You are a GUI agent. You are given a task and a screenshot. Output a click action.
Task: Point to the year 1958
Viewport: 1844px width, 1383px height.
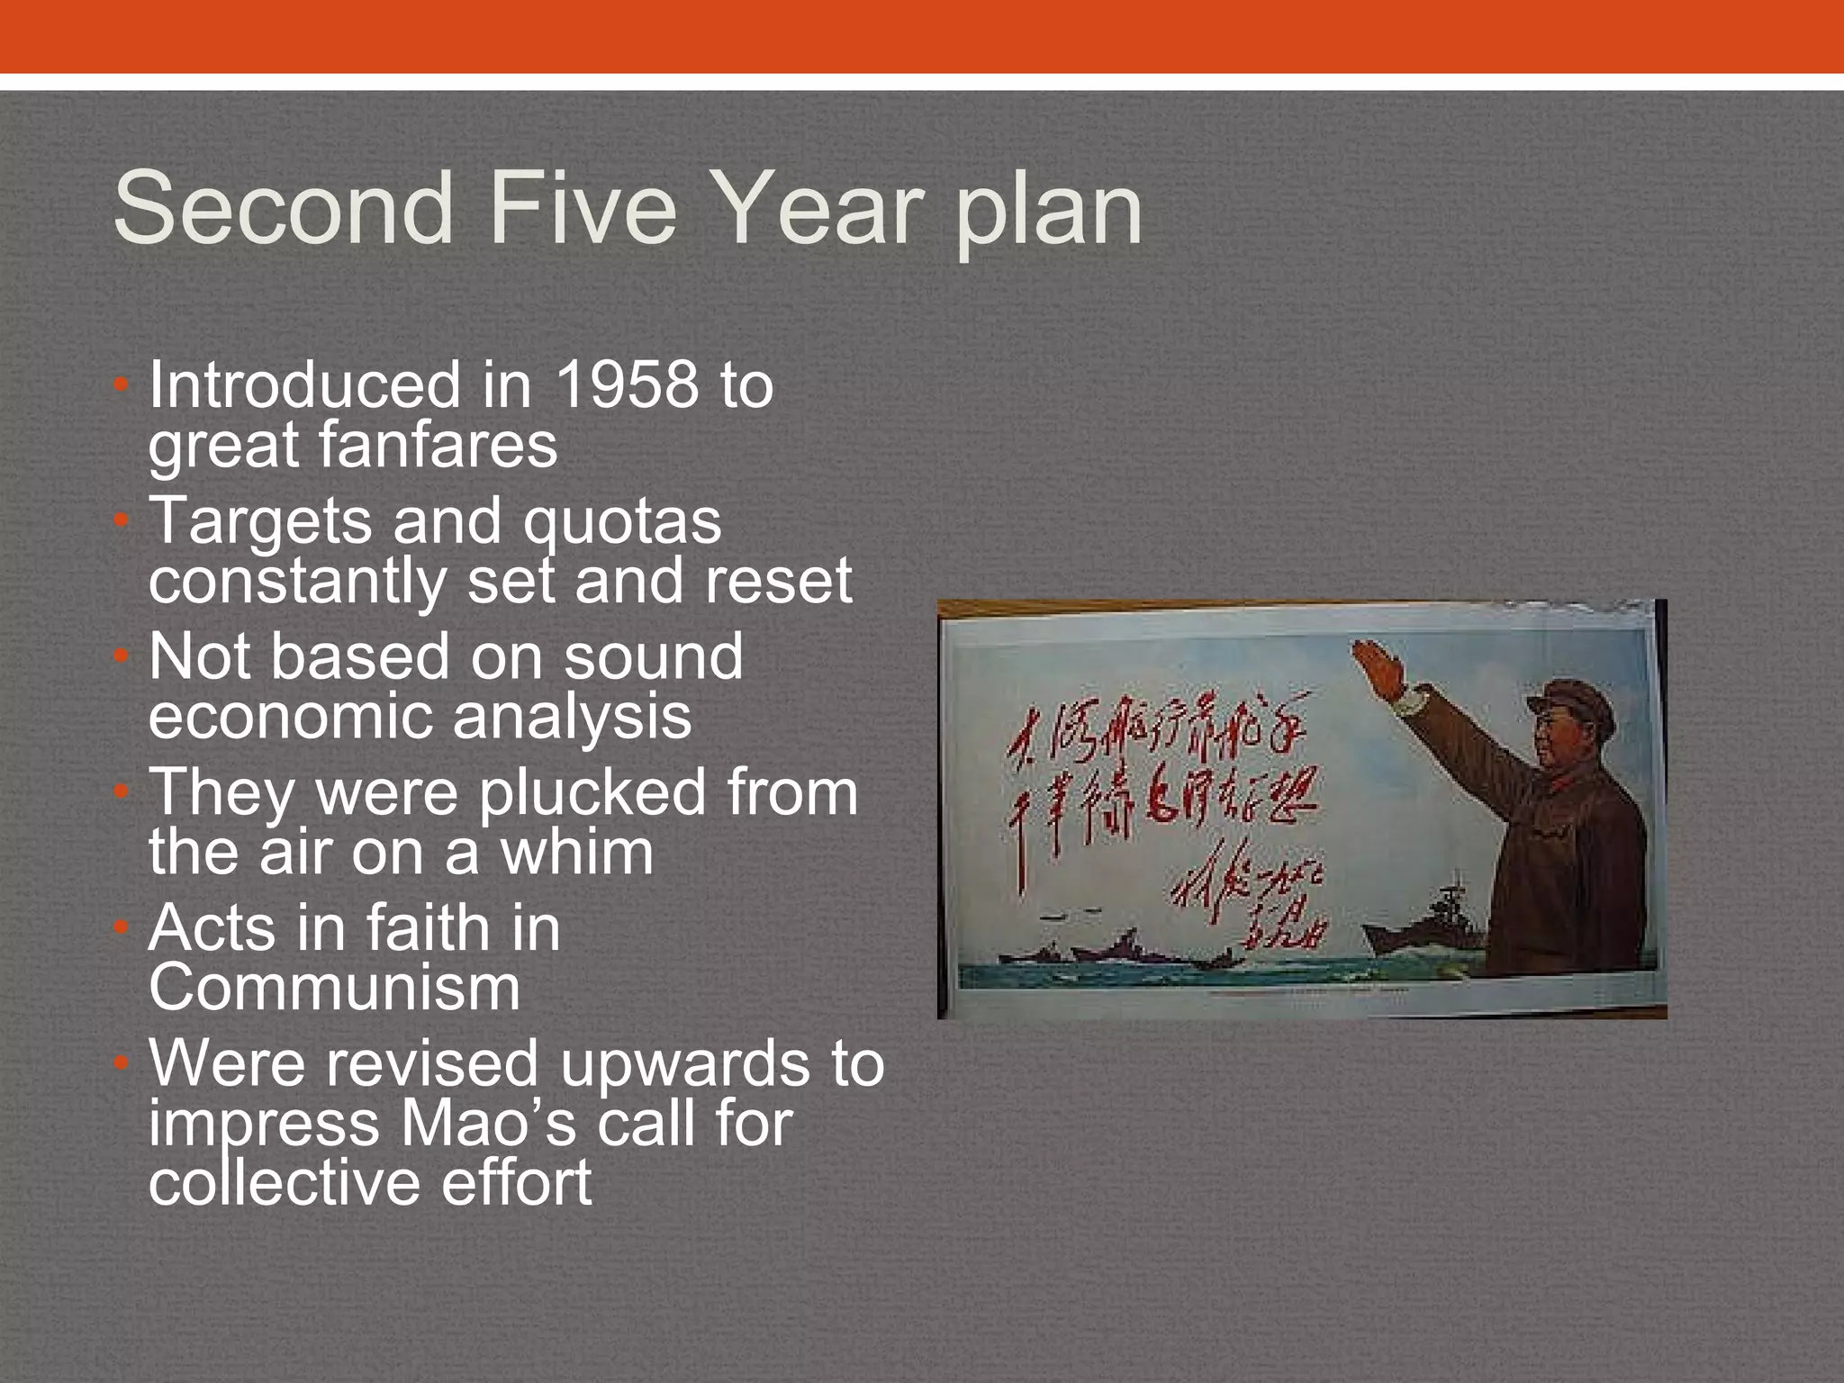coord(627,385)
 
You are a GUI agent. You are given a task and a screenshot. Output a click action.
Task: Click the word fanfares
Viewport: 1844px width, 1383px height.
coord(353,445)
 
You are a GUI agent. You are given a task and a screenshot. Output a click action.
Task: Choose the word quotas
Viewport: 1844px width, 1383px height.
coord(622,521)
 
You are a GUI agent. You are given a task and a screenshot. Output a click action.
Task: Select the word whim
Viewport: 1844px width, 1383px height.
coord(576,853)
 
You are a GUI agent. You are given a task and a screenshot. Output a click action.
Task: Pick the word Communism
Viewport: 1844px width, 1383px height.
coord(334,989)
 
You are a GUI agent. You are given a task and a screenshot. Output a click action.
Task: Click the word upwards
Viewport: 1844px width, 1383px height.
coord(687,1064)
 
